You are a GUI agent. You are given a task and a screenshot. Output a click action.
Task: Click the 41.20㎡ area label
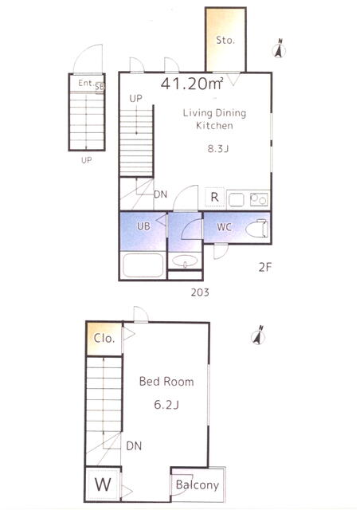tap(192, 84)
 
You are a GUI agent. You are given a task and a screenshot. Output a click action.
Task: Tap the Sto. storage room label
tap(225, 40)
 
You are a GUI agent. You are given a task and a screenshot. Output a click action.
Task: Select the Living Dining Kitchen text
tap(214, 119)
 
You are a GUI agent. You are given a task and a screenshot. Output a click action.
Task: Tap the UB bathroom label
tap(143, 226)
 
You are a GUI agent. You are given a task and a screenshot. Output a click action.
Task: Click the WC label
tap(224, 227)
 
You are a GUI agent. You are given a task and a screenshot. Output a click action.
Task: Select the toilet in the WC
tap(256, 229)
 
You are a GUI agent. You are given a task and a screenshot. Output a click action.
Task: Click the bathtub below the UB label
tap(143, 263)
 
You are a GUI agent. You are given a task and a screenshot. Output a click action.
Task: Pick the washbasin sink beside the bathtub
tap(185, 261)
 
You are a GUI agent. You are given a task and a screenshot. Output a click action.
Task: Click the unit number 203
tap(199, 292)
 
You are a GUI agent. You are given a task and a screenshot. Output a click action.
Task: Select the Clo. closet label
tap(104, 338)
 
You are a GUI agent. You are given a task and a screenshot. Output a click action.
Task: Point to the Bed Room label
tap(166, 382)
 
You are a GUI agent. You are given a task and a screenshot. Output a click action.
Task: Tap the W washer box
tap(103, 484)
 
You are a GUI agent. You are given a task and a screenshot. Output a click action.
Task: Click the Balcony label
tap(198, 485)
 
